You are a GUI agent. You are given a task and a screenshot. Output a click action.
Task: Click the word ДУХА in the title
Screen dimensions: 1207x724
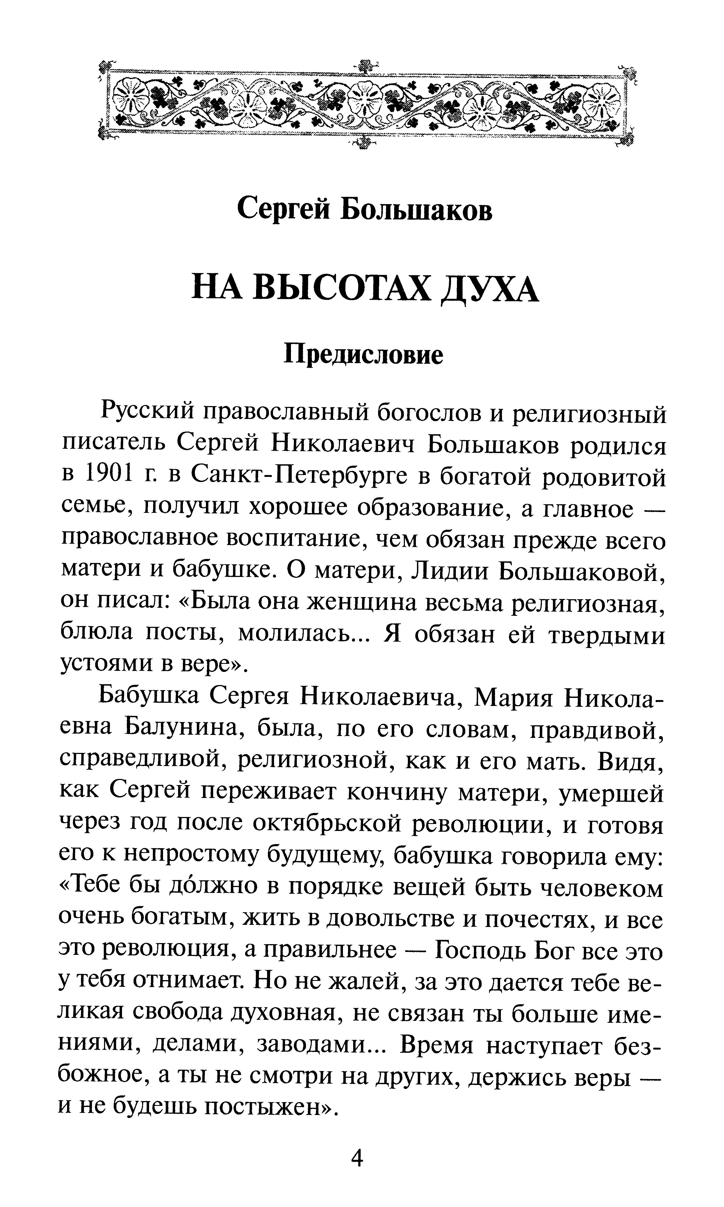tap(489, 290)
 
